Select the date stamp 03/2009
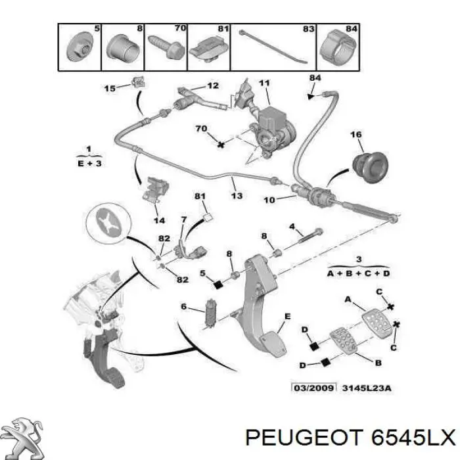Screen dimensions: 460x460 point(313,388)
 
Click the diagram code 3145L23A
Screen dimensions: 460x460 point(367,388)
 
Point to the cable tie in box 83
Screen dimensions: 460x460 point(273,47)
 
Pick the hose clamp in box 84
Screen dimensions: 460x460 point(338,47)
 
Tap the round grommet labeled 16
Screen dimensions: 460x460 point(371,167)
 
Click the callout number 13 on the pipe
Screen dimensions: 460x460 point(237,195)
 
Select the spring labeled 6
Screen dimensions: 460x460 point(211,313)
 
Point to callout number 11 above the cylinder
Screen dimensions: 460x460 point(264,83)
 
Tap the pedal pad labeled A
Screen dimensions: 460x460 point(377,323)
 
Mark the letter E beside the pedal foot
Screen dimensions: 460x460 point(288,316)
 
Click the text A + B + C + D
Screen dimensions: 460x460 point(359,273)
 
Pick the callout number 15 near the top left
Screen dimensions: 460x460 point(110,88)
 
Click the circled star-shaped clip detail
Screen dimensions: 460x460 point(109,223)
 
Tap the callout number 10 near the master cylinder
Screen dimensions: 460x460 point(269,200)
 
